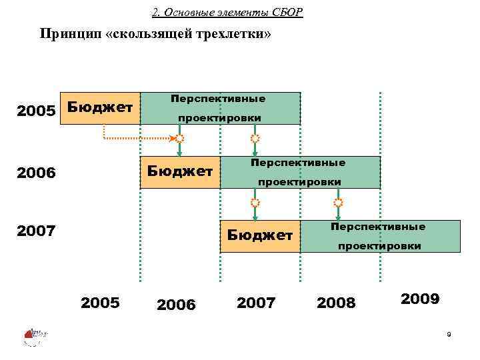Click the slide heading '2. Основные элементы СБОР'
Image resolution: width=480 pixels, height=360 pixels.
click(x=227, y=13)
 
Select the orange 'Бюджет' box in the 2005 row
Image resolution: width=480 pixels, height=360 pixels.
click(x=100, y=108)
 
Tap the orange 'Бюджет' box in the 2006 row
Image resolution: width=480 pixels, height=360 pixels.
click(x=180, y=172)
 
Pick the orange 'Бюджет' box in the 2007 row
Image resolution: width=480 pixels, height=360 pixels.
click(x=260, y=235)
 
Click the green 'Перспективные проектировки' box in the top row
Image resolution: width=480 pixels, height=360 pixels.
click(x=220, y=108)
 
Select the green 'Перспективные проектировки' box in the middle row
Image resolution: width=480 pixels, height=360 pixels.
click(x=300, y=172)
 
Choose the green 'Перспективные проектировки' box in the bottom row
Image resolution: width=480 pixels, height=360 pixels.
click(x=380, y=236)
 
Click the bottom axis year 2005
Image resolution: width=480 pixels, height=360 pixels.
click(x=100, y=303)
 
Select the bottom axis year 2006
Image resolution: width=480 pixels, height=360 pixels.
click(x=176, y=305)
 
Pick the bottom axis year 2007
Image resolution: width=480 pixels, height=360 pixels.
click(x=256, y=303)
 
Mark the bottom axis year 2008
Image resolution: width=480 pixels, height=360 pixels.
click(x=337, y=304)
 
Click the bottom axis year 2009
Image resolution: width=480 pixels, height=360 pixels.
click(x=420, y=299)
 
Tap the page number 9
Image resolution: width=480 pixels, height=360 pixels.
click(x=449, y=333)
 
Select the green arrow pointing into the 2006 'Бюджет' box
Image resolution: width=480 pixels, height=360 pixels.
click(x=179, y=151)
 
